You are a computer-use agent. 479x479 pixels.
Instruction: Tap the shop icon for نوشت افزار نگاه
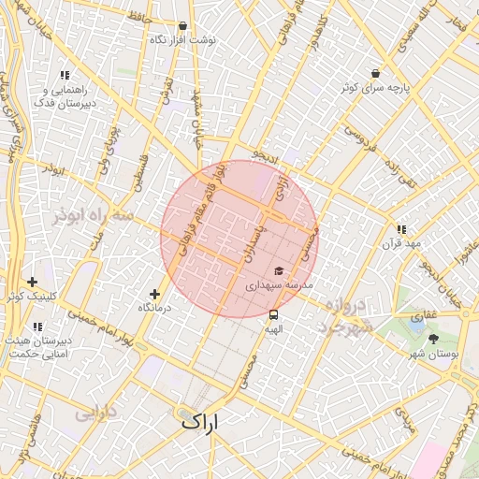pyautogui.click(x=182, y=26)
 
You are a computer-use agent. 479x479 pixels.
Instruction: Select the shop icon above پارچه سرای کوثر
pyautogui.click(x=375, y=73)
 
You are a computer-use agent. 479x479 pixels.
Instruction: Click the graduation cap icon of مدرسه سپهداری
pyautogui.click(x=279, y=270)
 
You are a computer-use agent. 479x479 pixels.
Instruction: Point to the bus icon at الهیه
pyautogui.click(x=273, y=314)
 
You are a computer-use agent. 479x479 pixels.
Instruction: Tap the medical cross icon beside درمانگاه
pyautogui.click(x=154, y=294)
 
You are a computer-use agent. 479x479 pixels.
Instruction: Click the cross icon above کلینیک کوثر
pyautogui.click(x=33, y=282)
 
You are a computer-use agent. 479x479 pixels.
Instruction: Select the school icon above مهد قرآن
pyautogui.click(x=401, y=229)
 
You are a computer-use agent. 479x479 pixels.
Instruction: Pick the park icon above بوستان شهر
pyautogui.click(x=433, y=339)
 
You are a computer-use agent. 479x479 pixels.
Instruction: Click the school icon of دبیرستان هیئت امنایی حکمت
pyautogui.click(x=37, y=327)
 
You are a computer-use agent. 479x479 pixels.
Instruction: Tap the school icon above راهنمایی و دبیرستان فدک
pyautogui.click(x=65, y=75)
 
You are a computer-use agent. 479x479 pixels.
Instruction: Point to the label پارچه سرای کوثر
pyautogui.click(x=375, y=87)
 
